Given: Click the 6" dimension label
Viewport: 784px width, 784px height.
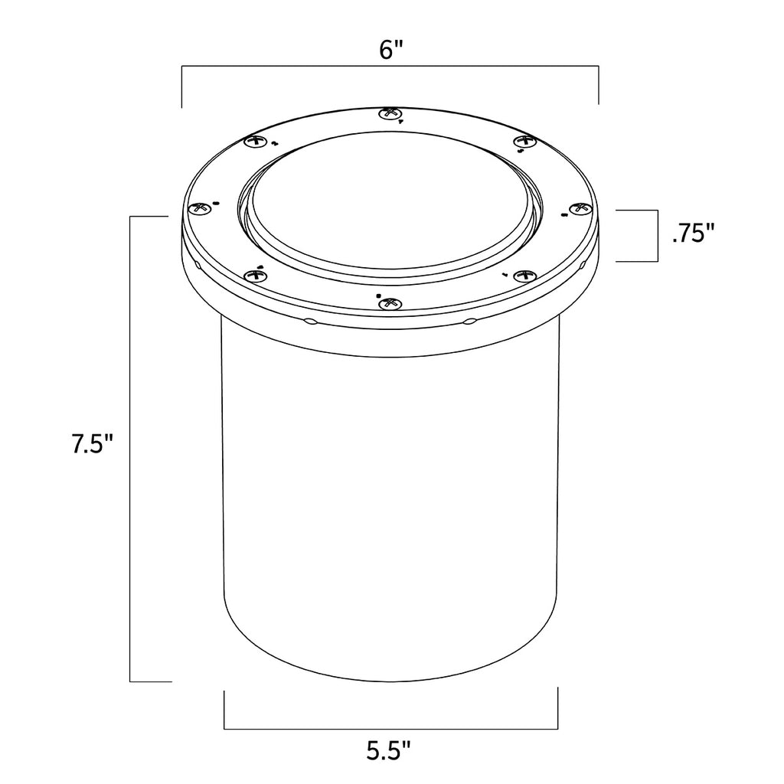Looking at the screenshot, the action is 390,50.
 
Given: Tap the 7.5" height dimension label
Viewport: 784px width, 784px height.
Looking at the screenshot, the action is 93,443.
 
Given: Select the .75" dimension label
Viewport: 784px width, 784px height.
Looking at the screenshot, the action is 694,234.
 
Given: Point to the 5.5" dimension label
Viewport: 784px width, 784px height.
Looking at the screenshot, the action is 390,750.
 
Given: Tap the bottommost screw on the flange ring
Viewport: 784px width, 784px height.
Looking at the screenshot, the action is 390,303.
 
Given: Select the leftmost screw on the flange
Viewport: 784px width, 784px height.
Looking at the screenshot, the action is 200,209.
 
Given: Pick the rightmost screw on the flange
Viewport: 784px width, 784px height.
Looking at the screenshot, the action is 581,208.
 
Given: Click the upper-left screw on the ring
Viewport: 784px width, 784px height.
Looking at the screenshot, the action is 256,142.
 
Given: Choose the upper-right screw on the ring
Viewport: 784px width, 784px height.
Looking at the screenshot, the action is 525,142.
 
